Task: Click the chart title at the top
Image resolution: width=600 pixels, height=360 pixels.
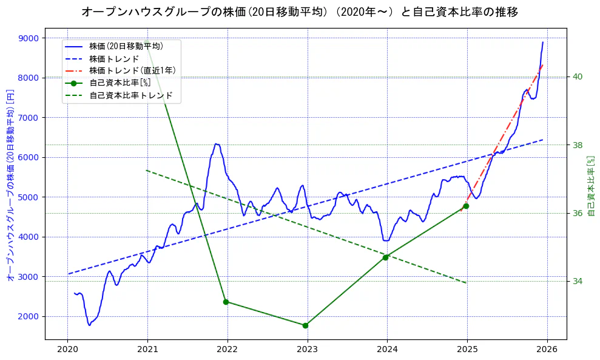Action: coord(300,12)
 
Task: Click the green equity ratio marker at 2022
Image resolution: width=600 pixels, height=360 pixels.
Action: coord(226,302)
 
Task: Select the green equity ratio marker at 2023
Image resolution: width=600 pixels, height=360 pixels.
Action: coord(305,325)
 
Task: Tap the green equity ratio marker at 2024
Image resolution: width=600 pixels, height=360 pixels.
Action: coord(385,257)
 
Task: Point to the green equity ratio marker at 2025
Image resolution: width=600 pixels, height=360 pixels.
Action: coord(465,206)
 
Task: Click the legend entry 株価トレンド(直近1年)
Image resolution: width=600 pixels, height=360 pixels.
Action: coord(132,70)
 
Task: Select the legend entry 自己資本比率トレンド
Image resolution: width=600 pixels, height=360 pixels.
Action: coord(130,95)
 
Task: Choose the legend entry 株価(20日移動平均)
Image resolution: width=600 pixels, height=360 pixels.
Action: coord(126,46)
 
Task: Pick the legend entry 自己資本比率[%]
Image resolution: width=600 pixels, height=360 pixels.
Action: coord(120,83)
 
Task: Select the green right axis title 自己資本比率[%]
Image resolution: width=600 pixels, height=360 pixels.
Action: coord(592,185)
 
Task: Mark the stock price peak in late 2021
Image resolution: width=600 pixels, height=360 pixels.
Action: coord(216,144)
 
